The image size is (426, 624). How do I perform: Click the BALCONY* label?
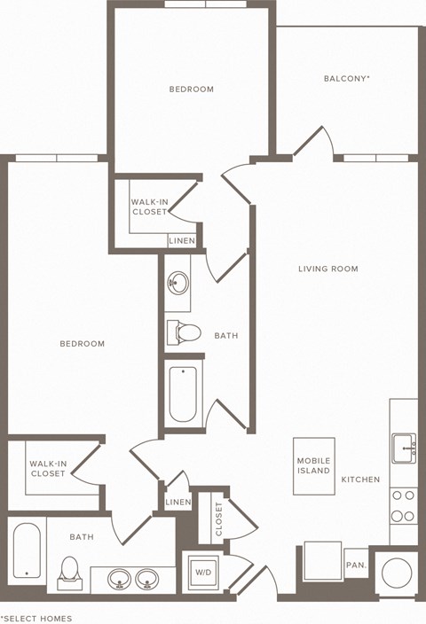click(346, 79)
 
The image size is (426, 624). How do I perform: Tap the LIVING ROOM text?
click(328, 269)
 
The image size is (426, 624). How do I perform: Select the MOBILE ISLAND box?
click(313, 466)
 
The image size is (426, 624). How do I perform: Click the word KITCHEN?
click(360, 480)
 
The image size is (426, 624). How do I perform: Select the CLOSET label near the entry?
click(218, 519)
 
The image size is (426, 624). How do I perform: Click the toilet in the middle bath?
click(185, 333)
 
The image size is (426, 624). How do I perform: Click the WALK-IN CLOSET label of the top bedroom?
click(149, 207)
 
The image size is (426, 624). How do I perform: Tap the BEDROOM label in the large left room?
click(82, 344)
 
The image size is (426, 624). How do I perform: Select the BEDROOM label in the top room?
click(192, 89)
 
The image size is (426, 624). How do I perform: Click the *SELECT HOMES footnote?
click(37, 618)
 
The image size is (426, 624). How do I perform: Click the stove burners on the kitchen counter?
click(403, 507)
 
